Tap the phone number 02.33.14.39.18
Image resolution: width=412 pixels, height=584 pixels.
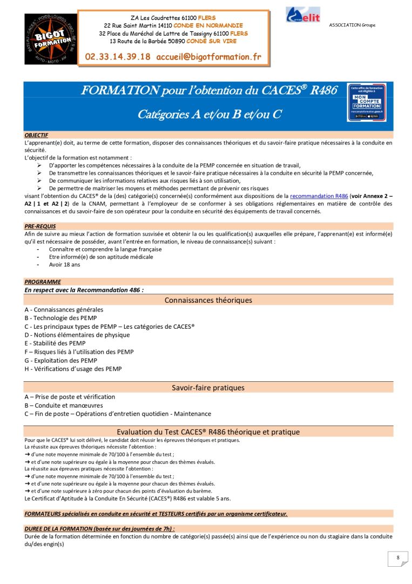118,57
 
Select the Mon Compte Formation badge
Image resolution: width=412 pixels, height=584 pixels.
367,103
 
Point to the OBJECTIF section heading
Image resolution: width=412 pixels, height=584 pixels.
36,135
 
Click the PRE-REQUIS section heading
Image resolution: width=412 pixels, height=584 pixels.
40,226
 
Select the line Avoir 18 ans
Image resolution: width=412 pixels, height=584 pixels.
64,265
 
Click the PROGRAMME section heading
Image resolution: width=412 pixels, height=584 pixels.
43,282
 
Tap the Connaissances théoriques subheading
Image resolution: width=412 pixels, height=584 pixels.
208,300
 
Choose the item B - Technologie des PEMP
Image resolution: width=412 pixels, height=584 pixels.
60,318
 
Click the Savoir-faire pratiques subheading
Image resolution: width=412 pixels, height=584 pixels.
208,388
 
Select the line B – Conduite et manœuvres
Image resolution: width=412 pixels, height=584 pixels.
64,405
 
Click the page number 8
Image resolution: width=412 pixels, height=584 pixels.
398,558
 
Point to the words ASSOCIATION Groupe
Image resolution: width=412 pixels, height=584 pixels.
352,25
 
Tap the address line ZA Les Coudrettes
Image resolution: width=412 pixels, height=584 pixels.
173,18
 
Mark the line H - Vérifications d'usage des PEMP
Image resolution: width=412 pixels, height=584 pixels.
73,369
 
